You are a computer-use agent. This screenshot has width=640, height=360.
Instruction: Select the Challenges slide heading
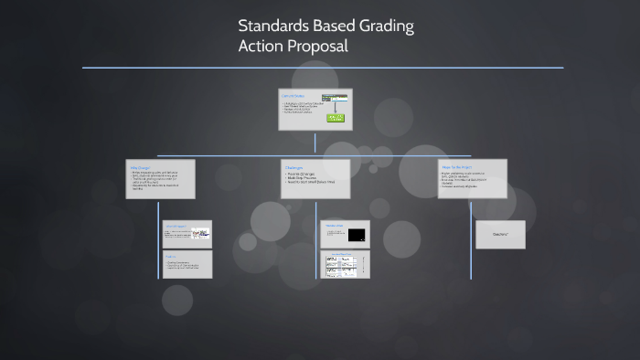click(294, 167)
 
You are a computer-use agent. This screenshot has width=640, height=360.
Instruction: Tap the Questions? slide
click(500, 235)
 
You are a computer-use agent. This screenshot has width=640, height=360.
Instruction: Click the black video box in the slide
click(357, 235)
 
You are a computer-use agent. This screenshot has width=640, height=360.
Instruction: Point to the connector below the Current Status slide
click(315, 143)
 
